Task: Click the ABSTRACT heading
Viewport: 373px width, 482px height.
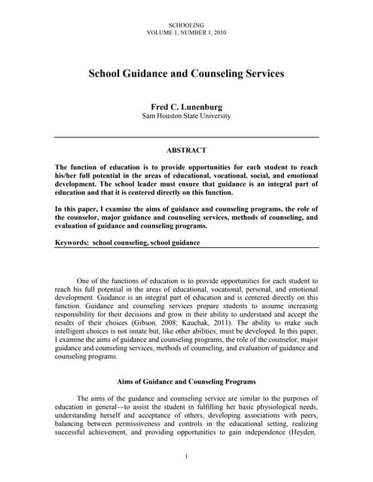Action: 186,151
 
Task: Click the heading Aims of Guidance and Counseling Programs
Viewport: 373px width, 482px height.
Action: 186,381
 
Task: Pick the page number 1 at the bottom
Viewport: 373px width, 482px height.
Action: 186,457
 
